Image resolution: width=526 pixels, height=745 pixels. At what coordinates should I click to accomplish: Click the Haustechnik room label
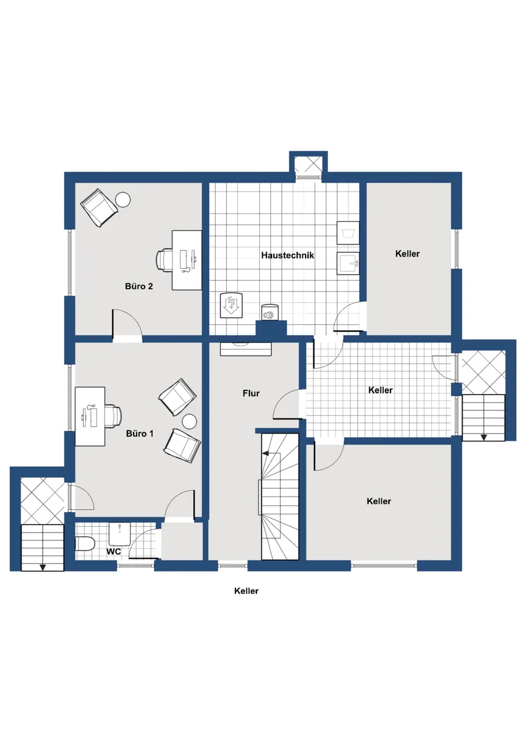pos(288,256)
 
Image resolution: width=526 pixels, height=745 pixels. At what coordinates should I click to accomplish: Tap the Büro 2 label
pos(139,286)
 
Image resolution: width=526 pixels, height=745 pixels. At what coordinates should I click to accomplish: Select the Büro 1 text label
pos(140,434)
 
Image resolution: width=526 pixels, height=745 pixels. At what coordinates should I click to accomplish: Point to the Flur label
pos(251,393)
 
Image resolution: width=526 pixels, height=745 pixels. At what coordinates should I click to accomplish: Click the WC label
pos(113,551)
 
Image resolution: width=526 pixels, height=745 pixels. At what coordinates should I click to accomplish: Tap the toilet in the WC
pos(85,544)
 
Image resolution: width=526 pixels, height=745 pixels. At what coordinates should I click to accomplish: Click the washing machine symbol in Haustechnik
pos(348,233)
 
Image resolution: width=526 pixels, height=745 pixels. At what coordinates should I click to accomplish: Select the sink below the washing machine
pos(348,263)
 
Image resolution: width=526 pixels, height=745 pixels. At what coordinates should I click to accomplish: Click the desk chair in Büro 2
pos(164,260)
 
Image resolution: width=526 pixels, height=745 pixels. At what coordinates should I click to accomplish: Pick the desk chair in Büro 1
pos(113,416)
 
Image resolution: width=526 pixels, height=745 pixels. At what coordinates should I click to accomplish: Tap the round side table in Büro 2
pos(123,200)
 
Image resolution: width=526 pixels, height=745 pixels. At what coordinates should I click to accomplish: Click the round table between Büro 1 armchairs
pos(189,422)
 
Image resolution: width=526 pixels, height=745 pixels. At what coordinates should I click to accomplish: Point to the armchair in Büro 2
pos(99,208)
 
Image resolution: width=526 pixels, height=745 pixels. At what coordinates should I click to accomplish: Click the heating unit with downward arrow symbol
pos(232,305)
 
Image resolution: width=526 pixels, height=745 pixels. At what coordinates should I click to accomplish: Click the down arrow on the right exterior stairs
pos(484,437)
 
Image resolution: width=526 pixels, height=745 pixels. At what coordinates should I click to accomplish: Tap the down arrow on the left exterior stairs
pos(42,567)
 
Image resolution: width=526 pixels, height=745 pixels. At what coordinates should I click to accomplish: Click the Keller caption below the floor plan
pos(246,591)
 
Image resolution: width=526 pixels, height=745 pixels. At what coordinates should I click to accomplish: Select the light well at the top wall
pos(308,166)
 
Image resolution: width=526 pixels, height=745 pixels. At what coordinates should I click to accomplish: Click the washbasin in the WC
pos(120,534)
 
